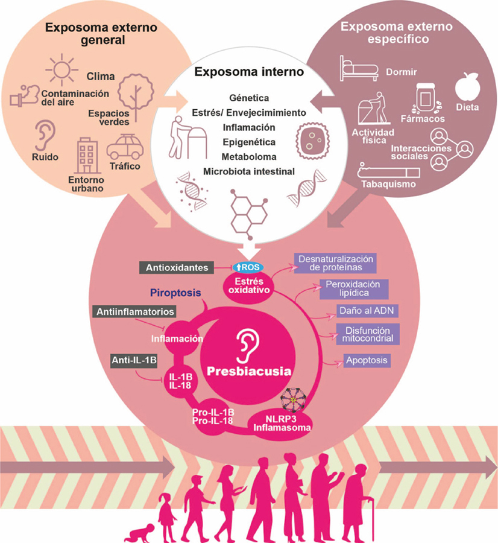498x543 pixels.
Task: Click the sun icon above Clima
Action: [61, 69]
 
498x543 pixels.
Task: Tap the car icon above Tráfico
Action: [124, 147]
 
